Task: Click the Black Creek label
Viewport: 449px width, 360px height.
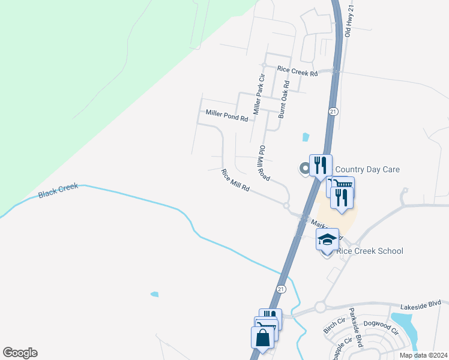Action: (58, 192)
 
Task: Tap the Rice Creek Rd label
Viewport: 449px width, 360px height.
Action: (297, 71)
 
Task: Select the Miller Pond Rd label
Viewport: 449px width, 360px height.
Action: (226, 115)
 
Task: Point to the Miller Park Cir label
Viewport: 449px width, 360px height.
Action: (259, 95)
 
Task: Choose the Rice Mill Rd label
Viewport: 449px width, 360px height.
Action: (235, 181)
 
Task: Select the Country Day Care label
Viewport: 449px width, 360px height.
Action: (367, 170)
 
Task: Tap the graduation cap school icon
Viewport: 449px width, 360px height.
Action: (327, 239)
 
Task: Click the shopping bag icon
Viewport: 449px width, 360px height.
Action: (263, 338)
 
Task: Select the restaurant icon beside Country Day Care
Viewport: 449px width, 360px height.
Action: (321, 164)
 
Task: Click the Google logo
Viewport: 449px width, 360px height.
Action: (20, 353)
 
